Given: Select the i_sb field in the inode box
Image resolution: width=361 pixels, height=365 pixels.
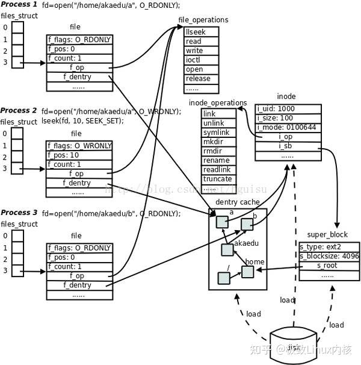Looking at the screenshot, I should click(286, 146).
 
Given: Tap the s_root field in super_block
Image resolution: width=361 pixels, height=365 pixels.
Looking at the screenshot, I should click(327, 265).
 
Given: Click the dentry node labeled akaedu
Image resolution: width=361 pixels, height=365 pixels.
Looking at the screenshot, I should click(227, 249).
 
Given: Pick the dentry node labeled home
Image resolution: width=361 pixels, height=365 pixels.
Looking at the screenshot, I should click(247, 272).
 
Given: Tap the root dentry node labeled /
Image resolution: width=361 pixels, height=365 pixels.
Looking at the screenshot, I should click(224, 278).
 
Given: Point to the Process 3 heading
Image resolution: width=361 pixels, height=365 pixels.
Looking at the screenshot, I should click(19, 213).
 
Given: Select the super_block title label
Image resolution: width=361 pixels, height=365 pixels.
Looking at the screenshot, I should click(327, 234).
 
